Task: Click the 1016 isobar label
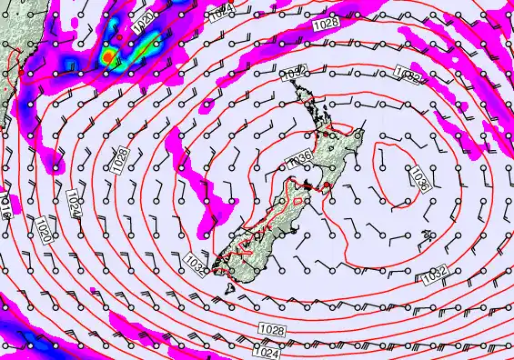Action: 5,206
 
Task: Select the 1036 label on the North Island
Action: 300,160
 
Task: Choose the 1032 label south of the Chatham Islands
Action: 435,274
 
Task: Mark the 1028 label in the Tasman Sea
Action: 121,155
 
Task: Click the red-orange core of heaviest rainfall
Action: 109,57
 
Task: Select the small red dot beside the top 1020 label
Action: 119,36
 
